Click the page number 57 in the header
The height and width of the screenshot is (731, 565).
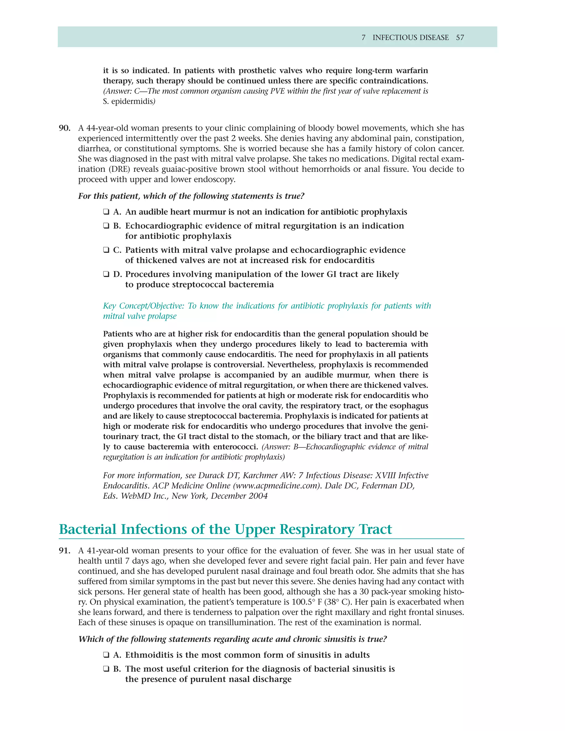pyautogui.click(x=460, y=38)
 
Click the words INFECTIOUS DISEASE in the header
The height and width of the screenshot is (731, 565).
pyautogui.click(x=411, y=38)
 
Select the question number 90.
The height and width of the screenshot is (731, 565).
pyautogui.click(x=65, y=128)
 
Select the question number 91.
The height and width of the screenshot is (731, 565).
pyautogui.click(x=65, y=551)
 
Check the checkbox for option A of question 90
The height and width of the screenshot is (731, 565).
pyautogui.click(x=106, y=212)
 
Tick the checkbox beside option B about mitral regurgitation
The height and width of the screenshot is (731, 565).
pyautogui.click(x=106, y=226)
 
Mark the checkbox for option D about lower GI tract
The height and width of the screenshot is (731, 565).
pyautogui.click(x=106, y=274)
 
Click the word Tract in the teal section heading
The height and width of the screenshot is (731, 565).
pyautogui.click(x=375, y=530)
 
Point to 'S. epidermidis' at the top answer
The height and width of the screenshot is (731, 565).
pyautogui.click(x=127, y=102)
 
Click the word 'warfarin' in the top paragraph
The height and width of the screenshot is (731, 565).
pyautogui.click(x=412, y=71)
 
